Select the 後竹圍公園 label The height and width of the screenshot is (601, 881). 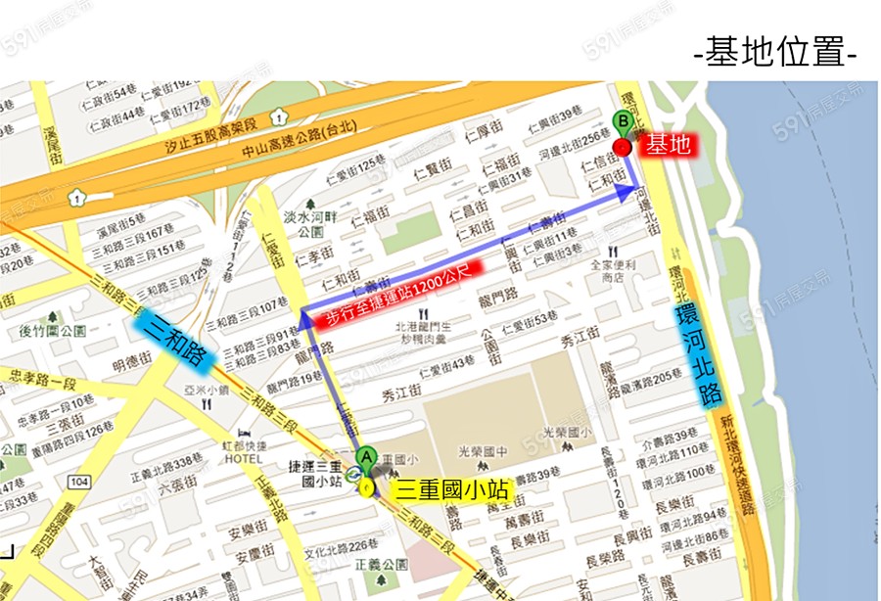[x=44, y=331]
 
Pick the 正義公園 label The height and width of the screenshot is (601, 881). [x=382, y=565]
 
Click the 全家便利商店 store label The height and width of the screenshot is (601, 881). [x=613, y=270]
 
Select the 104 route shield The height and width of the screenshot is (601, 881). [x=79, y=483]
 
